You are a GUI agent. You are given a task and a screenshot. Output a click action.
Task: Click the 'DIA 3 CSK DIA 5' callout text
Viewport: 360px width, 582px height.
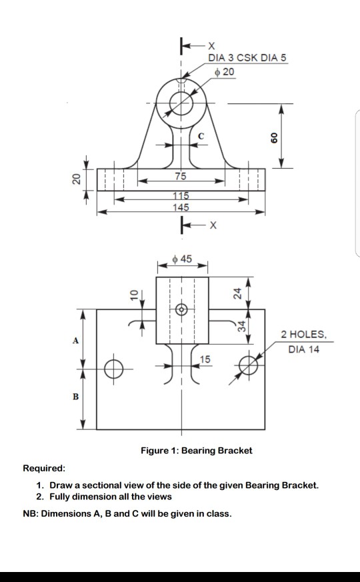(247, 59)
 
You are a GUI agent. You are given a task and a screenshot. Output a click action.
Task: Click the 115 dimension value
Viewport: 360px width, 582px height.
(181, 195)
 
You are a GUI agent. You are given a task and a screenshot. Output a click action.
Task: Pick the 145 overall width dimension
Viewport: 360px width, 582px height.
(181, 208)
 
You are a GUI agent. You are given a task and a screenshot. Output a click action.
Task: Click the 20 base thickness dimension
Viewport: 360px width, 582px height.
(75, 179)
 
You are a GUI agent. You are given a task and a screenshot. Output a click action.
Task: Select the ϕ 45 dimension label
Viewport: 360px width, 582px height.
(181, 258)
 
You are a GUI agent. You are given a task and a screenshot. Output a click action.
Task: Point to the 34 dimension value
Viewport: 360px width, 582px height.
(243, 326)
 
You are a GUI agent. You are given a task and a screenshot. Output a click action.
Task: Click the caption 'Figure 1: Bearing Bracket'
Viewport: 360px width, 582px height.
(196, 451)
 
